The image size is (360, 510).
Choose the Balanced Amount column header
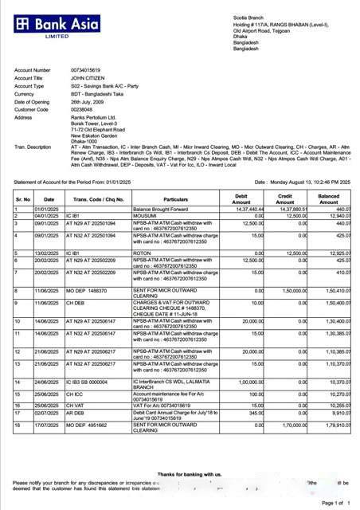(328, 198)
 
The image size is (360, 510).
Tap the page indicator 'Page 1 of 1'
(333, 503)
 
